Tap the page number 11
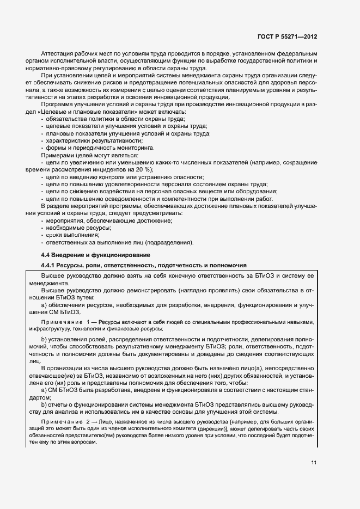tap(314, 463)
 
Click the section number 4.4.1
tap(51, 265)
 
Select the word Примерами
tap(59, 155)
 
